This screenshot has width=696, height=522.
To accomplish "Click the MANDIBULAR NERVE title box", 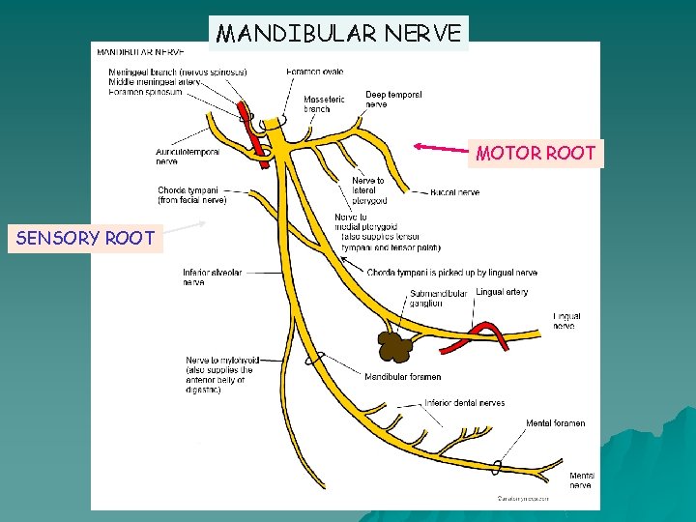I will pos(338,34).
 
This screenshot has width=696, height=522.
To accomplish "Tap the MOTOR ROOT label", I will pos(536,153).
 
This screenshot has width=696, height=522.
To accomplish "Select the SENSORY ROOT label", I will pos(85,238).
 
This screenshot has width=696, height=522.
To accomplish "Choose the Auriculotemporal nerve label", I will pos(188,157).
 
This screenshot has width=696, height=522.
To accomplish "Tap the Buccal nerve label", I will pos(454,192).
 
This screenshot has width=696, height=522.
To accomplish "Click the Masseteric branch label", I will pos(324,103).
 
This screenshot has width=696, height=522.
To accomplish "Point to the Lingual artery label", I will pos(502,292).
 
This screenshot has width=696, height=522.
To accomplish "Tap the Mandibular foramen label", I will pos(402,376).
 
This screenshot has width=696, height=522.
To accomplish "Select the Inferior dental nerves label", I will pos(464,403).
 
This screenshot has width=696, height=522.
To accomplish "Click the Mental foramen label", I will pos(555,423).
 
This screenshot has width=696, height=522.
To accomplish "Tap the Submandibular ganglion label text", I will pos(438,299).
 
